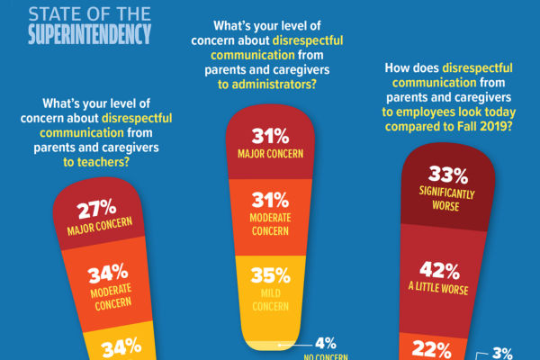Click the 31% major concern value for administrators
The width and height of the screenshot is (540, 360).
pyautogui.click(x=270, y=137)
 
